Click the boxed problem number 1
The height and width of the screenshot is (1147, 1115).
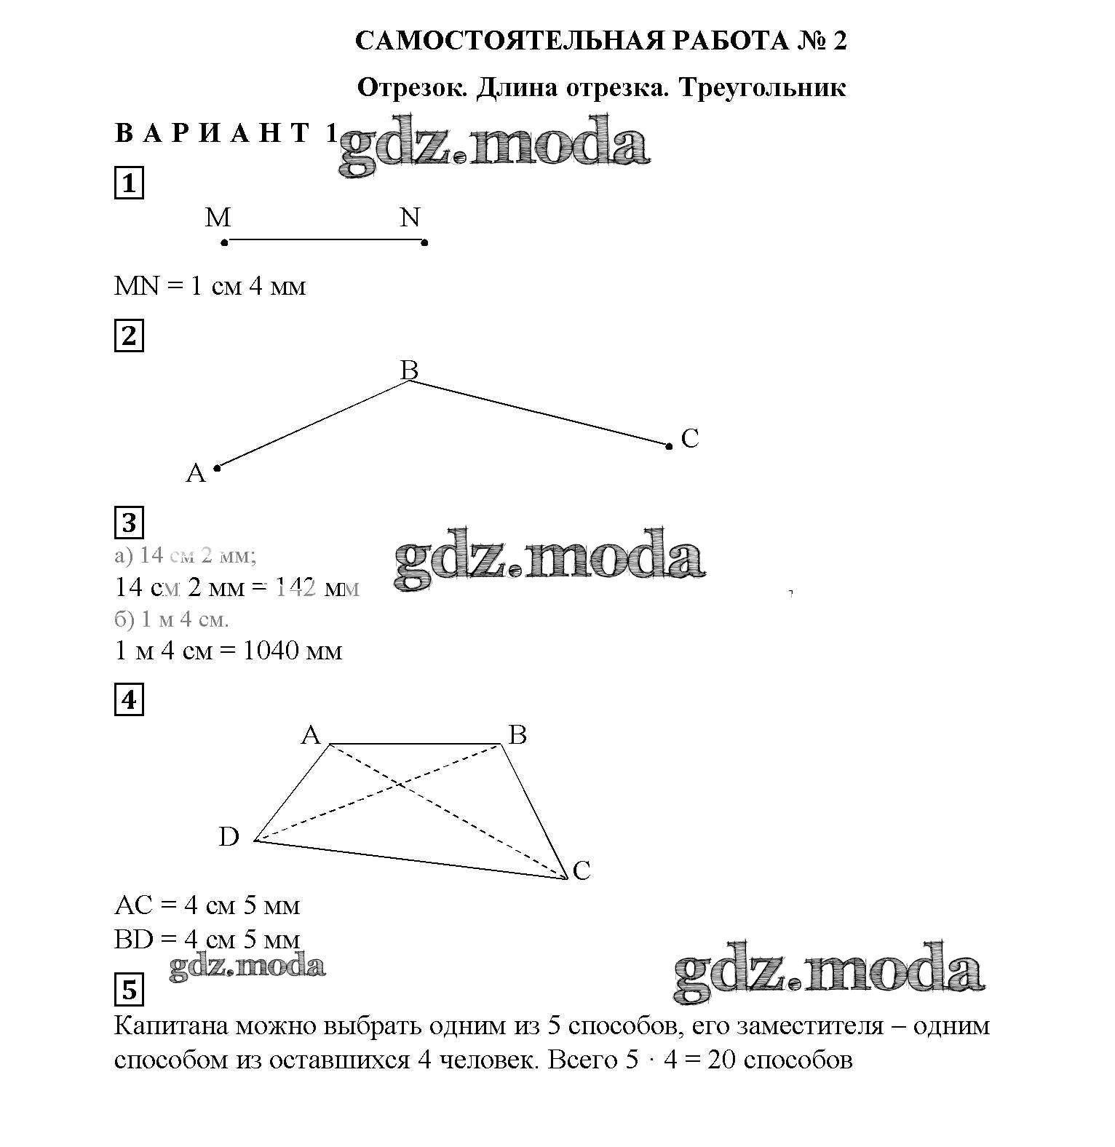[129, 183]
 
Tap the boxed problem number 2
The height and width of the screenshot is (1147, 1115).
[129, 336]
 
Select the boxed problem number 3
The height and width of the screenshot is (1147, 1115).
[129, 523]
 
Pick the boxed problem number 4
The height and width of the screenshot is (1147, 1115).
[129, 700]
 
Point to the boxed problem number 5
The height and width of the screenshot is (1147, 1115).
[129, 990]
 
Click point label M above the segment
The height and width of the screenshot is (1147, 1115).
[218, 217]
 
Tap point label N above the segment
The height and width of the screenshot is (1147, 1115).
[410, 217]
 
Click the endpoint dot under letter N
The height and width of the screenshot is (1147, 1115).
[425, 242]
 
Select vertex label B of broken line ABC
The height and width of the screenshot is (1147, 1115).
[409, 370]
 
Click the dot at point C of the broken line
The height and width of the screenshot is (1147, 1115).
[669, 445]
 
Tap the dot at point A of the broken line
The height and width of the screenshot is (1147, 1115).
[217, 468]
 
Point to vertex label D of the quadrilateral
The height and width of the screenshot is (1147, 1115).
[229, 837]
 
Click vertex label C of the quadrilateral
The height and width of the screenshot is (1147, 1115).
[582, 870]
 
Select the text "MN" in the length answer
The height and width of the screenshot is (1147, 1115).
[136, 286]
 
